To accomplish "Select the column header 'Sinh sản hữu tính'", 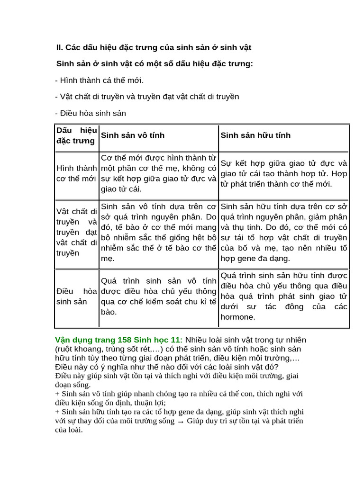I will pos(255,135).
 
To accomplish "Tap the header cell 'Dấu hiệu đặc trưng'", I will pos(76,135).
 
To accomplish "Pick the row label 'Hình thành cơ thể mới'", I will pos(76,173).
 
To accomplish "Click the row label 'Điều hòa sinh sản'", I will pos(76,296).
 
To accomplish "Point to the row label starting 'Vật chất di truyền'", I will pos(76,232).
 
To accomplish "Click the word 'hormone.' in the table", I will pos(238,317).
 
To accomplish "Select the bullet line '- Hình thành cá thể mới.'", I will pos(100,81).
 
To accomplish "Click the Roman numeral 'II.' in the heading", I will pos(59,47).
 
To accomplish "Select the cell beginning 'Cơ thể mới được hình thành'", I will pos(158,173).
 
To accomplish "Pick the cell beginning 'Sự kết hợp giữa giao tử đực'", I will pos(283,173).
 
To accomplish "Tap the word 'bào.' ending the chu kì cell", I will pos(109,312).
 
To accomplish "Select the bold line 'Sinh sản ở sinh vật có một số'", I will pos(155,63).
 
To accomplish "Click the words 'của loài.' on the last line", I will pos(69,430).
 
